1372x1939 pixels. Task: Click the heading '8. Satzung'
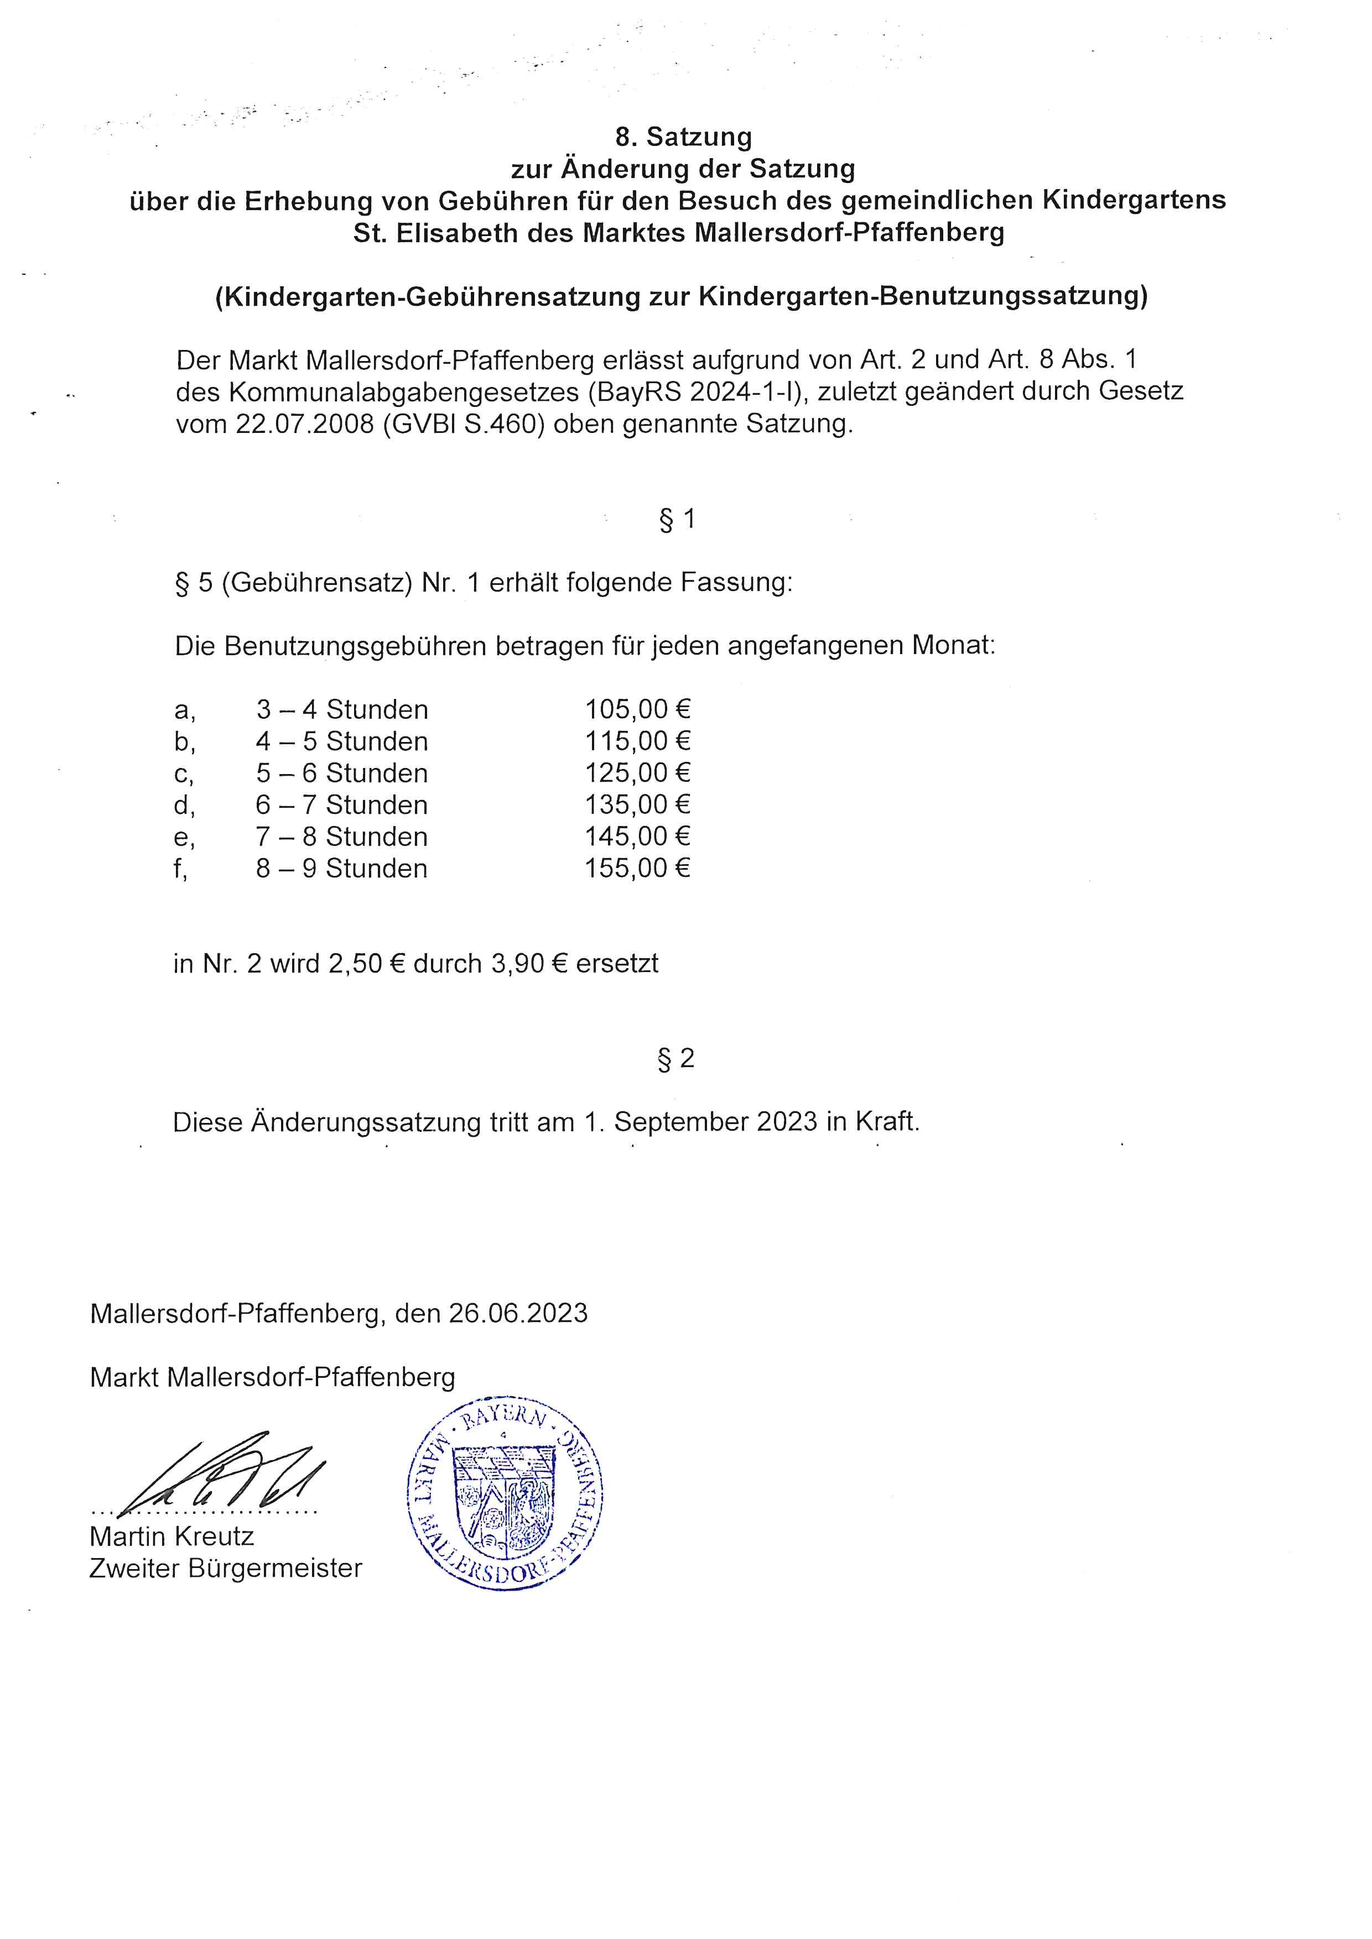coord(683,137)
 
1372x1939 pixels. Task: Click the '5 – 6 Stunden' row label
coord(342,773)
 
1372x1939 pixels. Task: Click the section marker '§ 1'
coord(677,519)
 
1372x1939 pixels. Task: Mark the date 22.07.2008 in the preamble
coord(305,424)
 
